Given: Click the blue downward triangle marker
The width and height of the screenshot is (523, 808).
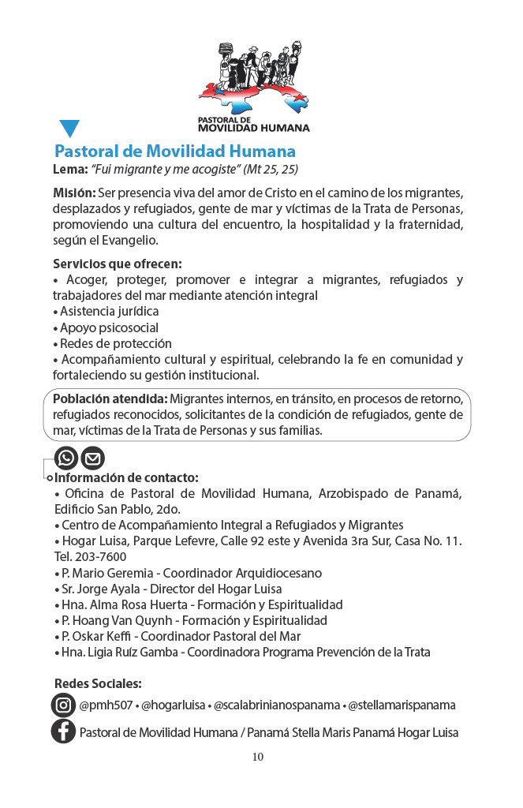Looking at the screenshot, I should pos(69,128).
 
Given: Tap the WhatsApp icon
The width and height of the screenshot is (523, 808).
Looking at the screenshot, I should pos(66,458).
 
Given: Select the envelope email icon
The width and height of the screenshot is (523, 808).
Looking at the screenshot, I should pos(92,458).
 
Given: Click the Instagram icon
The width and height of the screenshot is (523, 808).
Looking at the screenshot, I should pos(63,705).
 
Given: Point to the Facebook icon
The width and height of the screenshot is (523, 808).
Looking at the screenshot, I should pos(63,731).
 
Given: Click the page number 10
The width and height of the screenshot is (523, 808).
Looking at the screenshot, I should pos(258,757).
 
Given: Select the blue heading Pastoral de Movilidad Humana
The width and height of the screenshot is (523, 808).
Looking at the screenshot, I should pos(174,151).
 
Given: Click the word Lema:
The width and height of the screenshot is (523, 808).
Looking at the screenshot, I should pos(70,170).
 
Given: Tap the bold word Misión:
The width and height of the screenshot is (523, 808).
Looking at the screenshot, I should pos(74,193).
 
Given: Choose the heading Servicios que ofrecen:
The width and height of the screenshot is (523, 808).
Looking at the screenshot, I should pos(117,264).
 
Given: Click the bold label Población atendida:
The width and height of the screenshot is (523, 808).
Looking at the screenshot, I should pos(110,399).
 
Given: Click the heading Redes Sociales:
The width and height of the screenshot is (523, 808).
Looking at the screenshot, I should pos(98,683).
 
